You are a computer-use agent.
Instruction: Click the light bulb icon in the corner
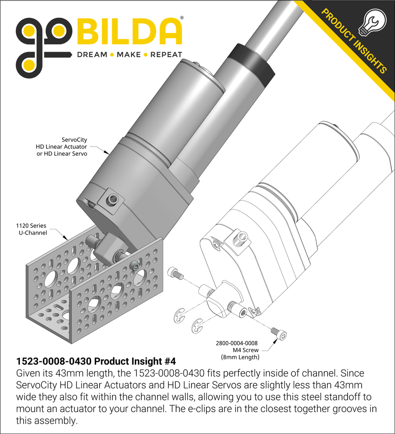(x=372, y=22)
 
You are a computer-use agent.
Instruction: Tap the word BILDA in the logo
(x=129, y=32)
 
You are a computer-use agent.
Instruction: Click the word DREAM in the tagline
(x=92, y=54)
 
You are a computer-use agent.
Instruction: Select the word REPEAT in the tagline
(x=166, y=54)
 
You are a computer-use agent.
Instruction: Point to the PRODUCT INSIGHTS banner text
(x=354, y=41)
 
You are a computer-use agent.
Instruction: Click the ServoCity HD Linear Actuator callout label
(x=61, y=147)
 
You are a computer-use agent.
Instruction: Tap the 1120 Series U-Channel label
(x=31, y=229)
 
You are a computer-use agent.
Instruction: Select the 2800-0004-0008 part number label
(x=237, y=343)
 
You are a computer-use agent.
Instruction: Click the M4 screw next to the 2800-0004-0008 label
(x=279, y=333)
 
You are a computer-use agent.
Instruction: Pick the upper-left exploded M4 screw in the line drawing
(x=176, y=273)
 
